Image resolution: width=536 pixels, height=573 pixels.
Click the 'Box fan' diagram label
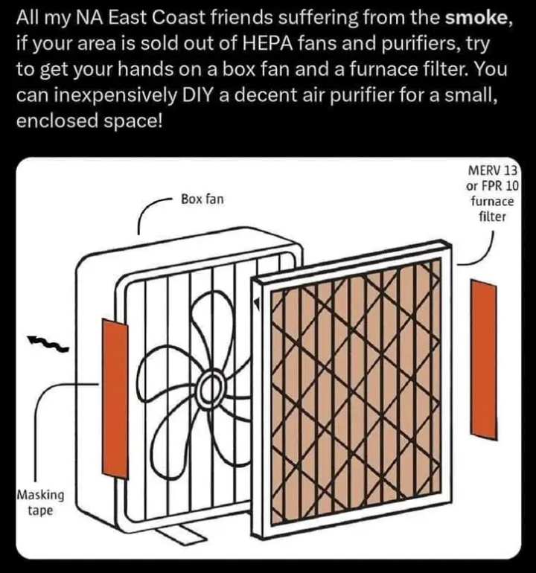pyautogui.click(x=202, y=199)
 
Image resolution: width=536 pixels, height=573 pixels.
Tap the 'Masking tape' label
pyautogui.click(x=41, y=502)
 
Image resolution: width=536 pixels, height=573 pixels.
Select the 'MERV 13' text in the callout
pyautogui.click(x=493, y=170)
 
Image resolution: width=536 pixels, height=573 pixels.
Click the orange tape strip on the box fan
pyautogui.click(x=115, y=398)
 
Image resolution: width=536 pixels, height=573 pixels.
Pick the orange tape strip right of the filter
pyautogui.click(x=483, y=359)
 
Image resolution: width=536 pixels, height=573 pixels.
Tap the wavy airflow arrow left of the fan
pyautogui.click(x=48, y=344)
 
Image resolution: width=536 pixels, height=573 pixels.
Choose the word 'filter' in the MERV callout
pyautogui.click(x=493, y=217)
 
